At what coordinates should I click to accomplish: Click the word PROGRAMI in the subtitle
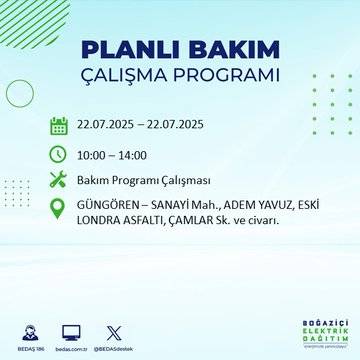tap(226, 77)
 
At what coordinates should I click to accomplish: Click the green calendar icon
tap(59, 125)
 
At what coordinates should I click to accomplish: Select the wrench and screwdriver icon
tap(59, 181)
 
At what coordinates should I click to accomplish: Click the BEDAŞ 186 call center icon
tap(30, 331)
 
